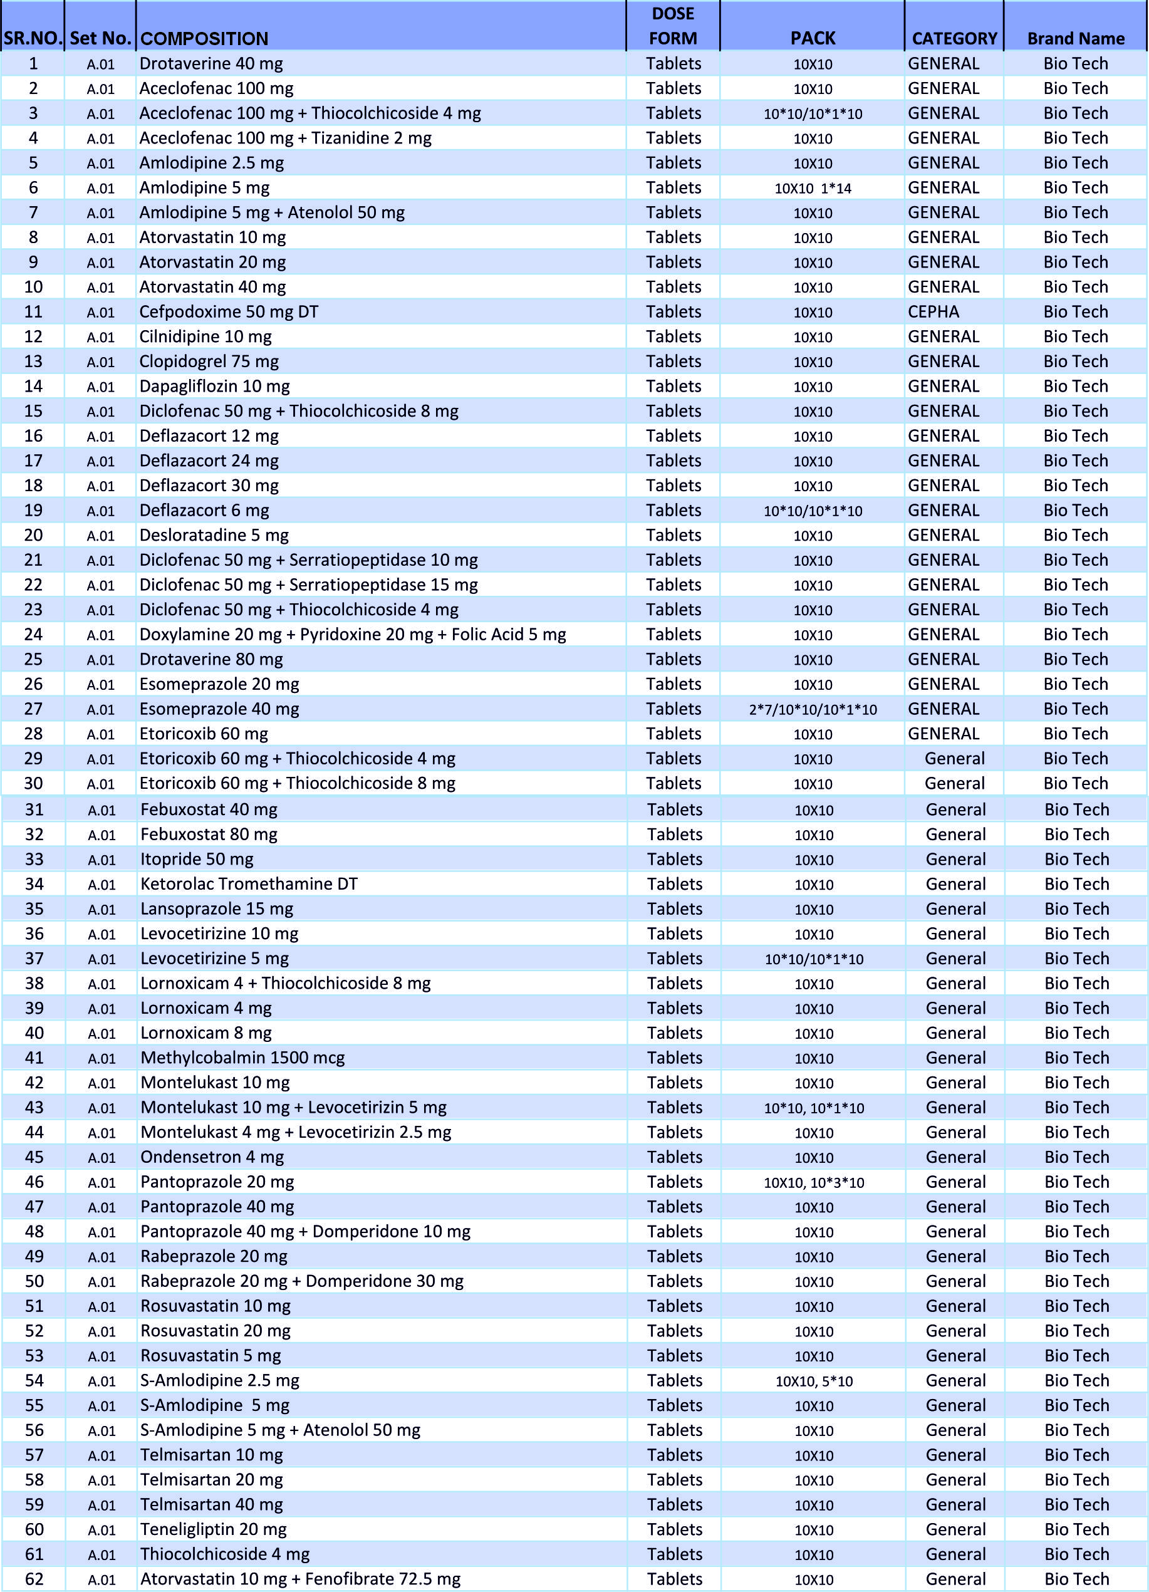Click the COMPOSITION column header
(x=204, y=39)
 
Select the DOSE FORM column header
(x=672, y=26)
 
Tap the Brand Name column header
(x=1075, y=39)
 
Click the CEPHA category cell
(x=933, y=311)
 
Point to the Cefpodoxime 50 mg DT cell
(x=229, y=311)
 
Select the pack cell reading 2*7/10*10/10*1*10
(x=812, y=710)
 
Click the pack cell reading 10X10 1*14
(x=812, y=188)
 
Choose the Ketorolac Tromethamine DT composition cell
(x=249, y=884)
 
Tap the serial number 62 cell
(x=34, y=1579)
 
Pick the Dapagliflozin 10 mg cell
(x=214, y=386)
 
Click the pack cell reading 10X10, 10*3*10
(x=813, y=1183)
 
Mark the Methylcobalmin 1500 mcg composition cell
(x=242, y=1058)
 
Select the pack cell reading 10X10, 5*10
(x=813, y=1381)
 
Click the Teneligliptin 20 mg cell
(x=214, y=1529)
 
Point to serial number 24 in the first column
(x=33, y=635)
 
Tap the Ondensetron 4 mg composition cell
(x=212, y=1157)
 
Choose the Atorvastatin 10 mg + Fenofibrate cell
(x=301, y=1579)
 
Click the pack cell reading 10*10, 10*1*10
(x=813, y=1108)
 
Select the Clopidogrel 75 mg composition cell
(x=209, y=362)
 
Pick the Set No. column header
(x=100, y=39)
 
